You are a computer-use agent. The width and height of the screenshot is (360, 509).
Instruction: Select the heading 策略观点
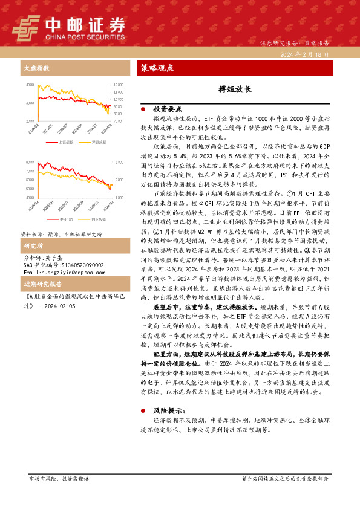(157, 68)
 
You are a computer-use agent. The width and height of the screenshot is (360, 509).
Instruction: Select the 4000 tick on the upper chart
(30, 85)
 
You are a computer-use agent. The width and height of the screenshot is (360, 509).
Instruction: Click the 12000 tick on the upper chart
(119, 85)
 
